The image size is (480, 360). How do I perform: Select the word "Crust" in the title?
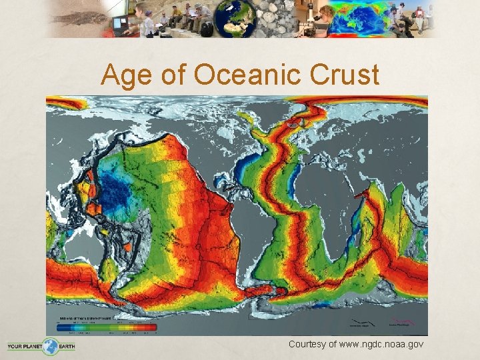point(344,76)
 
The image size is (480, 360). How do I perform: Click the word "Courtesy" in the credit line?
point(310,344)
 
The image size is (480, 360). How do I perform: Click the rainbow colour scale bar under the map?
point(106,327)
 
